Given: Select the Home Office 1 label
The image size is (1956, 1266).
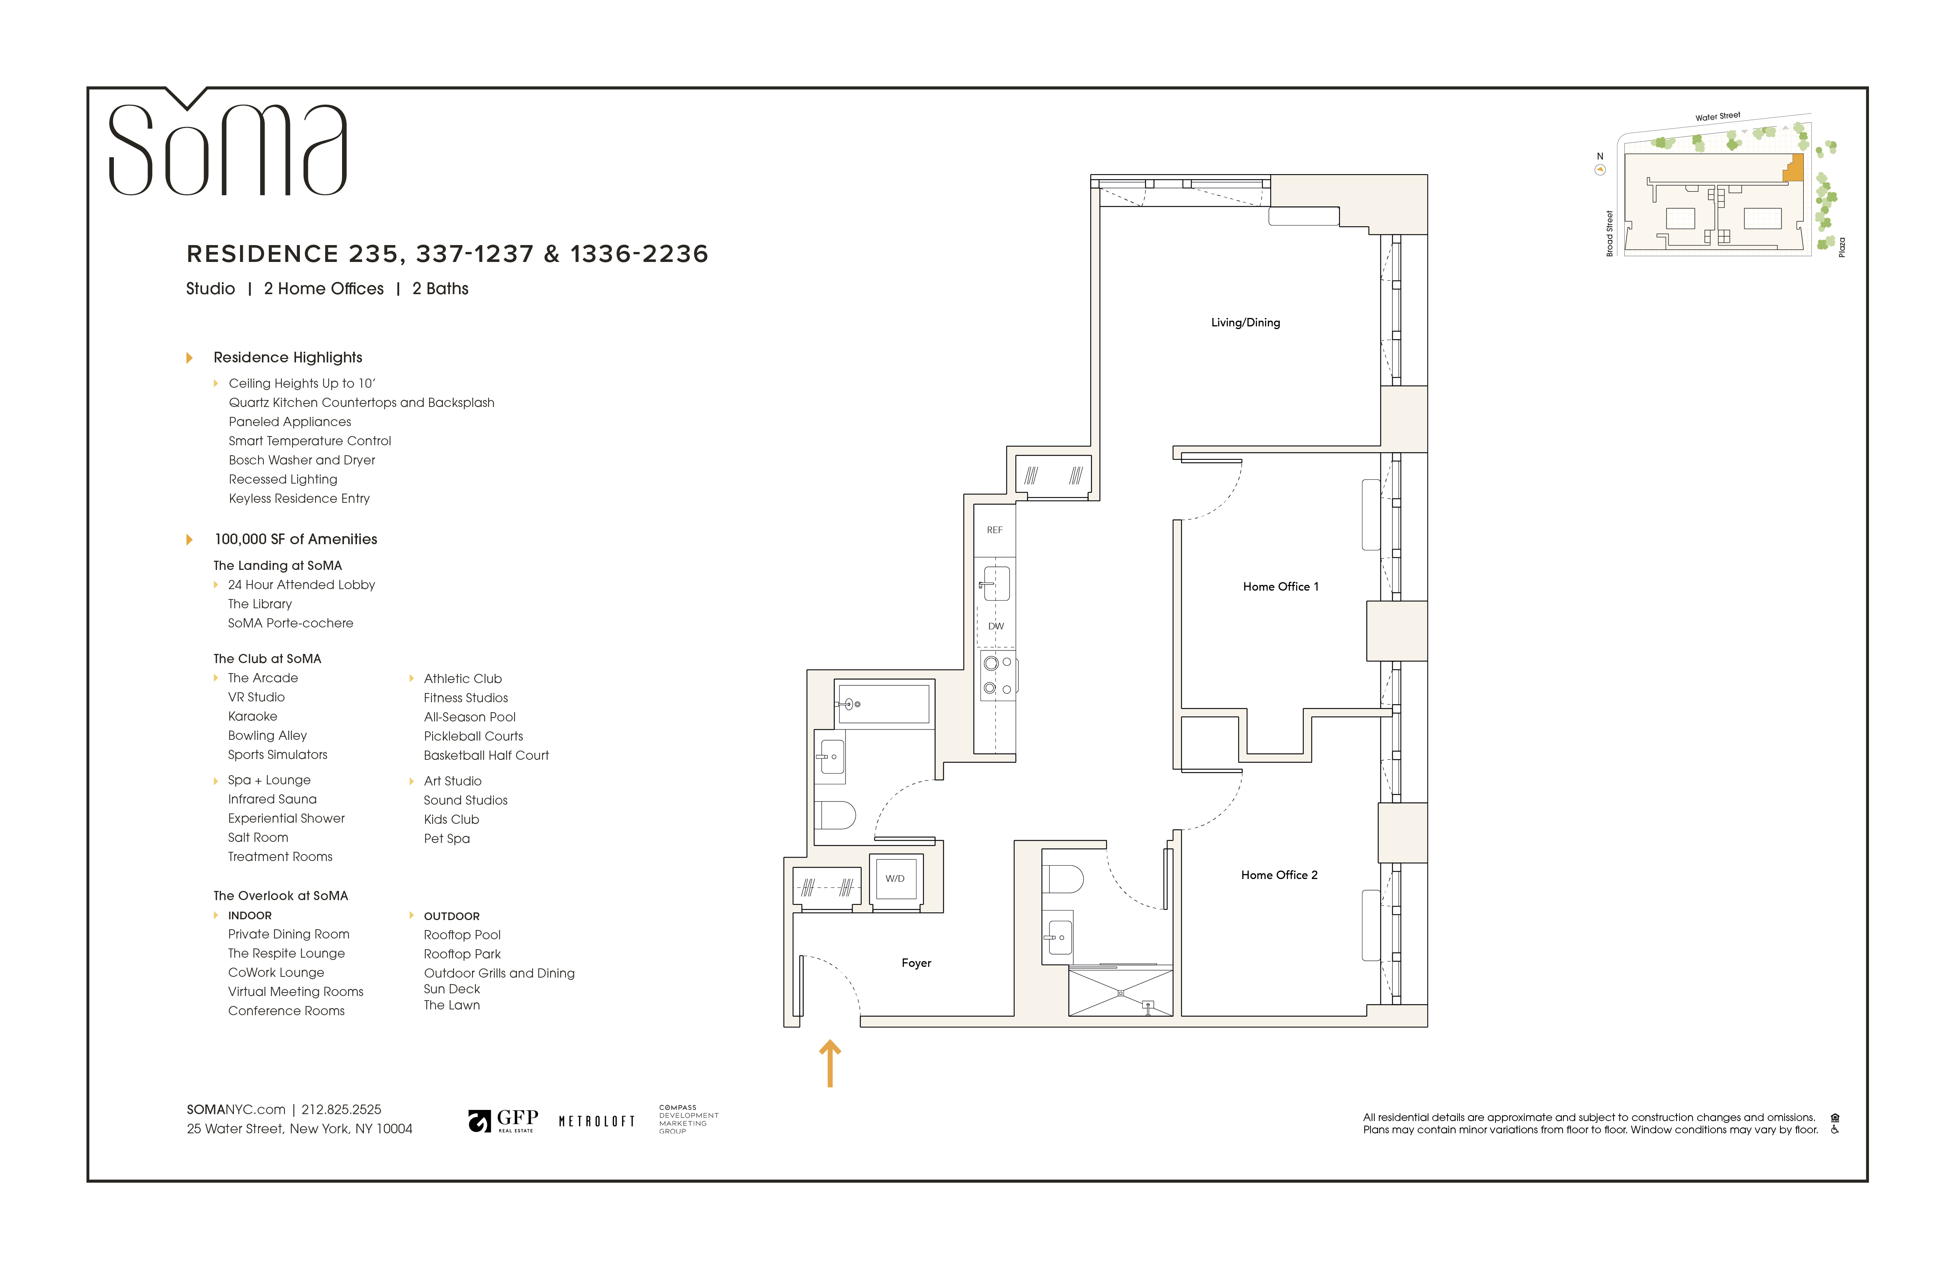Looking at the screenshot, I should click(x=1280, y=586).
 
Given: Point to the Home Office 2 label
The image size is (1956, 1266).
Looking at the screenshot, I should click(x=1278, y=875).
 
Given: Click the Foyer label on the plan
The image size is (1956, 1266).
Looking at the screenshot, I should click(x=916, y=963).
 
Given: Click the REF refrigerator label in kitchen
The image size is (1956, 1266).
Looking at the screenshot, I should click(x=994, y=530).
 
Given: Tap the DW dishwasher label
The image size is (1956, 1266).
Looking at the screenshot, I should click(x=995, y=626).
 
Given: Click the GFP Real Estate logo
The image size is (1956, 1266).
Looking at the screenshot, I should click(x=503, y=1119).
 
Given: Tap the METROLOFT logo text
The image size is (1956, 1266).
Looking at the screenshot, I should click(x=597, y=1121).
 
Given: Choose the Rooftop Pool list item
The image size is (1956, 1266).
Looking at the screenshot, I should click(x=462, y=935).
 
